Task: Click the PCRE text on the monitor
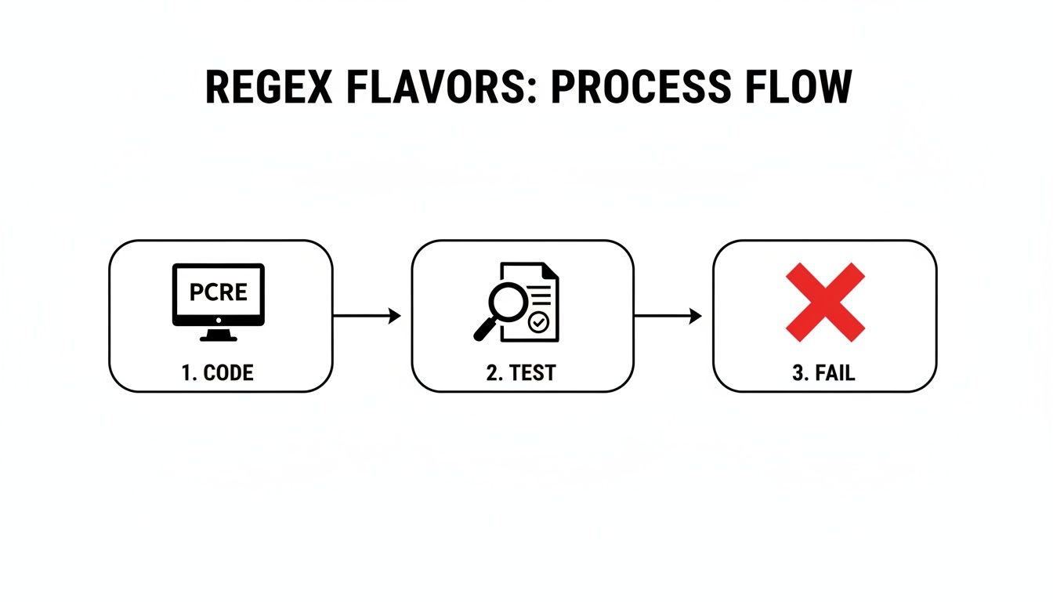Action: [x=219, y=292]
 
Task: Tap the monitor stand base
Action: [x=219, y=338]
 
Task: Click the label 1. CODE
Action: [x=218, y=373]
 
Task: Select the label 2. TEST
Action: [x=521, y=373]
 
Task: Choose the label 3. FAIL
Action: [x=823, y=373]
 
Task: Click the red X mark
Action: [x=825, y=303]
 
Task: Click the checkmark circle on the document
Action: [x=537, y=321]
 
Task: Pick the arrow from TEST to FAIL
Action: [x=668, y=316]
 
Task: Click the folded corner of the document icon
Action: [x=550, y=271]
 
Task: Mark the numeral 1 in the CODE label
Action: [x=186, y=373]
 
